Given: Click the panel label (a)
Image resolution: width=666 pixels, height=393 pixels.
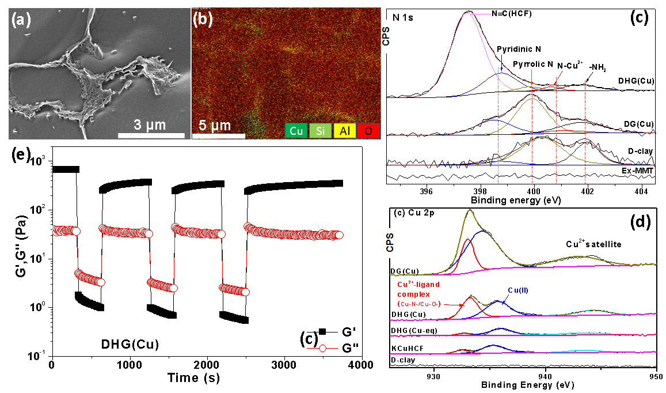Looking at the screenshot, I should pyautogui.click(x=21, y=21).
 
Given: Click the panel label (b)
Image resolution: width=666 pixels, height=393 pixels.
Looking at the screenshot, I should pyautogui.click(x=203, y=20).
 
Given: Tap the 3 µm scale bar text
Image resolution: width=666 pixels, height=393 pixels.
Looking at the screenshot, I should pyautogui.click(x=151, y=125).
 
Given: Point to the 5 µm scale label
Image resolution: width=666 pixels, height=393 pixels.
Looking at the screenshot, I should pyautogui.click(x=215, y=126).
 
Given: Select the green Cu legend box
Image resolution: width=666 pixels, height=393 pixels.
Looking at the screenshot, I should pyautogui.click(x=296, y=131).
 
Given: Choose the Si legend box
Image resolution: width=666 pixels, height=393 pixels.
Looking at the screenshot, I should pyautogui.click(x=321, y=131).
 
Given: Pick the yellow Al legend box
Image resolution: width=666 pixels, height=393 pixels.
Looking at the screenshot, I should pyautogui.click(x=344, y=131).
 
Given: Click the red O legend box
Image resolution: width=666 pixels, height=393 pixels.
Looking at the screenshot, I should pyautogui.click(x=368, y=131).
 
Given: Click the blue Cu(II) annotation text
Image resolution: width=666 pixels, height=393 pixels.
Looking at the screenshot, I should pyautogui.click(x=518, y=290).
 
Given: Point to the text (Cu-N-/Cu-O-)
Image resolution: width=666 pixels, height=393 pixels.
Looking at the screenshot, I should pyautogui.click(x=419, y=304).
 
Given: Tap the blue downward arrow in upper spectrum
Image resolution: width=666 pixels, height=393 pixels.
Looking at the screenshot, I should pyautogui.click(x=502, y=63).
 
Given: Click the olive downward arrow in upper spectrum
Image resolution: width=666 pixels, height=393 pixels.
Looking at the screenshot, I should pyautogui.click(x=531, y=81).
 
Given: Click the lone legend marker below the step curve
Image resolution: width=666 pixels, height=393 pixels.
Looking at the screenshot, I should pyautogui.click(x=322, y=348).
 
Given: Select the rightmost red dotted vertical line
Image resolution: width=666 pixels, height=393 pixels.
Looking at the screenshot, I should pyautogui.click(x=585, y=133).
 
